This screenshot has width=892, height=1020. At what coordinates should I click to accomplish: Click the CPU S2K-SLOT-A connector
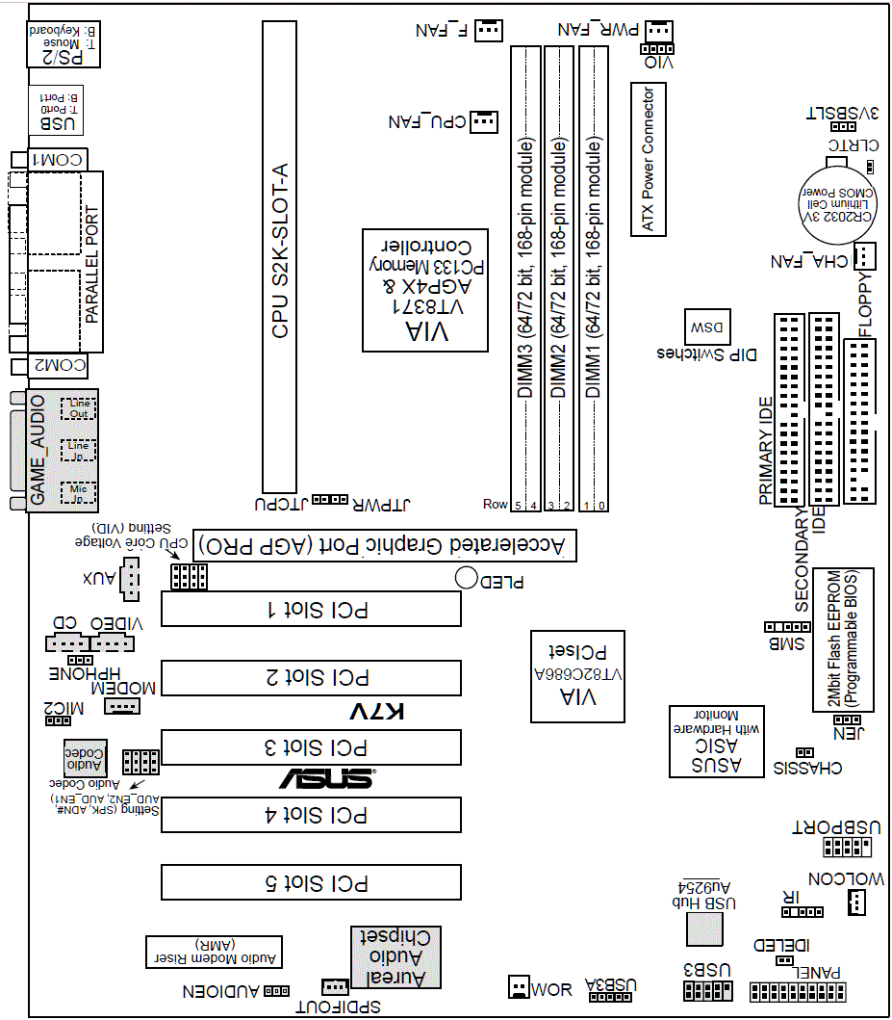(279, 255)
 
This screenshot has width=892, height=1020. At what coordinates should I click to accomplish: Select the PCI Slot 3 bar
(310, 746)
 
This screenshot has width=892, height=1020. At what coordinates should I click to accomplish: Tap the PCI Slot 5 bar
(310, 882)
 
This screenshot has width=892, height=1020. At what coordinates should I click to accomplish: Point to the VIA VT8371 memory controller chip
(424, 290)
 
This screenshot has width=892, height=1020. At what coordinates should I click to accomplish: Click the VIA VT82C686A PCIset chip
(578, 676)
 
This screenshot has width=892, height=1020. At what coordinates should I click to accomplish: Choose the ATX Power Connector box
(648, 160)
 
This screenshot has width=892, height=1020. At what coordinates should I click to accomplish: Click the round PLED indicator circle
(468, 578)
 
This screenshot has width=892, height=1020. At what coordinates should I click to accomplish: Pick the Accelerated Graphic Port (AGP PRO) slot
(384, 545)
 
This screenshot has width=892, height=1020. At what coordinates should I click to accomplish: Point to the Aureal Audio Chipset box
(393, 956)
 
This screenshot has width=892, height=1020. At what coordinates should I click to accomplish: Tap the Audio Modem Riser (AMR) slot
(214, 951)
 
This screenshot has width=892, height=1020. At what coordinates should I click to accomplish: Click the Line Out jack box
(78, 408)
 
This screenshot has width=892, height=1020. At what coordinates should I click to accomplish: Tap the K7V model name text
(376, 713)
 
